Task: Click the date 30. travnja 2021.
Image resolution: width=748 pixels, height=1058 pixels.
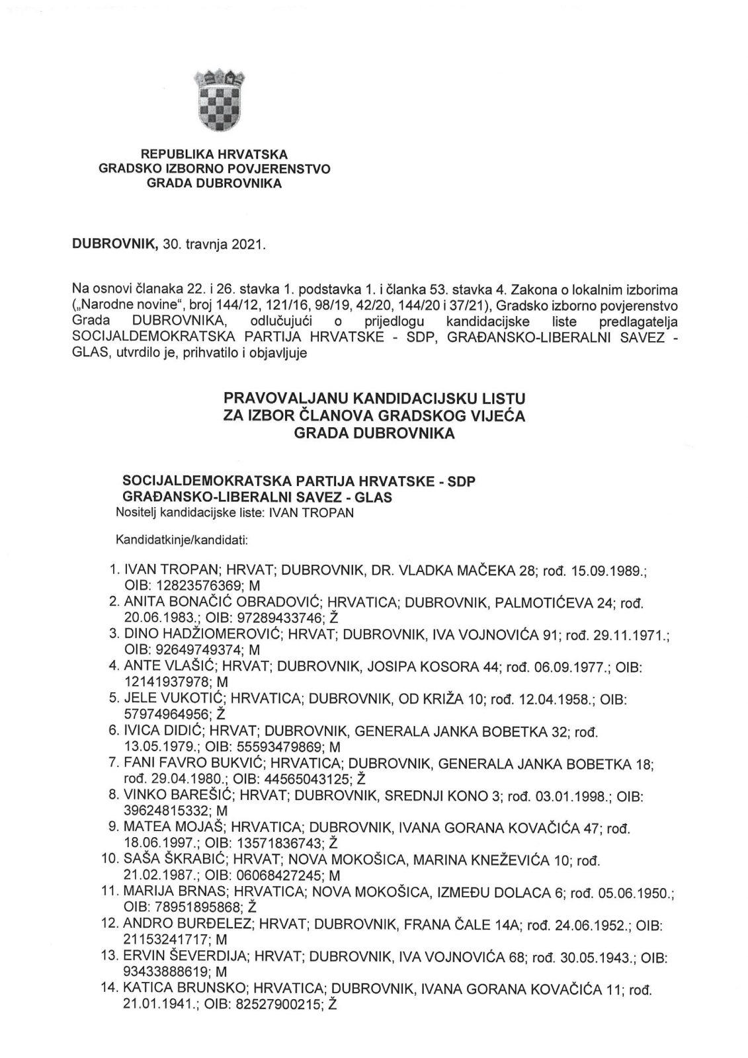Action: [214, 245]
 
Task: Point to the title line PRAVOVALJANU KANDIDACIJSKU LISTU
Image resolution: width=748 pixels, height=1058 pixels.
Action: [374, 399]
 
